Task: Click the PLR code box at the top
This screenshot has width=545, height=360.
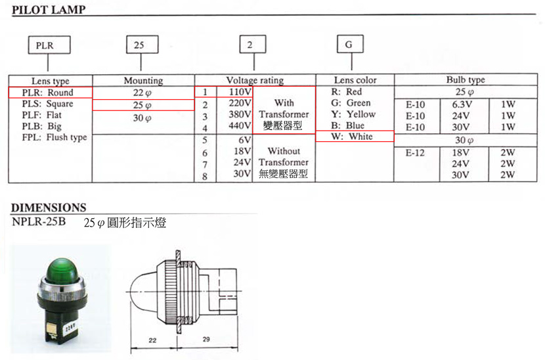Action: point(49,45)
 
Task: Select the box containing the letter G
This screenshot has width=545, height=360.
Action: point(350,44)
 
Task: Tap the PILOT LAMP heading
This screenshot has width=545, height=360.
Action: point(49,9)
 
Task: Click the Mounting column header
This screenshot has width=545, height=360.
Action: point(143,81)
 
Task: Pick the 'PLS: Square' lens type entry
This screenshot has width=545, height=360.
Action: point(48,104)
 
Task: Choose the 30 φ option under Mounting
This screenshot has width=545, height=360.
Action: point(142,118)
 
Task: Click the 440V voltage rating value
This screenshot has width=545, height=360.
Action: point(240,125)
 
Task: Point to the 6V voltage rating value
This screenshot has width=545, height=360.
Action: point(245,140)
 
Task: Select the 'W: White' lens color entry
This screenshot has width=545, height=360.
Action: point(352,137)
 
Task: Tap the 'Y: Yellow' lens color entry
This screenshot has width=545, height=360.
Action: point(353,114)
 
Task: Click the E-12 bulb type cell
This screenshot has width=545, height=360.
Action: point(415,152)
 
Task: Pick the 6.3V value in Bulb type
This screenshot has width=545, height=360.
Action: point(462,104)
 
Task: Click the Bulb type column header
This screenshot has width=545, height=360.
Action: point(466,79)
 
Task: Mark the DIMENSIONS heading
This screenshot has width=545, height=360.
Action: point(49,208)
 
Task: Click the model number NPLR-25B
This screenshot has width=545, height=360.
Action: point(39,221)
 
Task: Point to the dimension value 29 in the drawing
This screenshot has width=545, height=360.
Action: point(206,339)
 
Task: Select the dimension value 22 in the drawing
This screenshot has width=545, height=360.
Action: point(152,340)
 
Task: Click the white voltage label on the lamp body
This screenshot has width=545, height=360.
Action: point(70,327)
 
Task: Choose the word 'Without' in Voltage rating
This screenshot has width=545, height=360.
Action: point(284,151)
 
